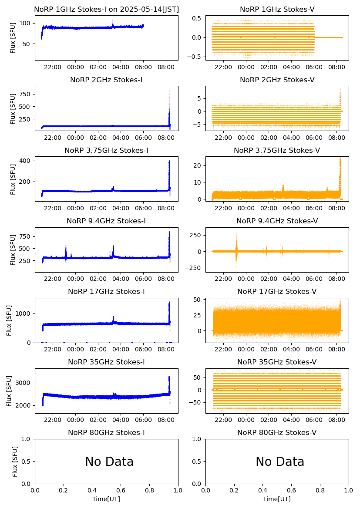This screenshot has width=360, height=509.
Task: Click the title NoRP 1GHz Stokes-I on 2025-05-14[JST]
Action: (x=106, y=9)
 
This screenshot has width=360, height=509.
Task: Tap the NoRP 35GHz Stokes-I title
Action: (x=106, y=362)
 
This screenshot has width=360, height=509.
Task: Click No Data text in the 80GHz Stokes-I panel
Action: (x=109, y=462)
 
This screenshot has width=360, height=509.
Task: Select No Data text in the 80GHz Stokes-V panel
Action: (x=280, y=462)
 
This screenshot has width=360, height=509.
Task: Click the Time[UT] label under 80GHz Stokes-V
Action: (x=277, y=499)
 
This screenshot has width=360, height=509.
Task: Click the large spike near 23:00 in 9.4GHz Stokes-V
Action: (x=236, y=244)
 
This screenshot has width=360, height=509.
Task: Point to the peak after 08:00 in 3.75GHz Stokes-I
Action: (x=169, y=162)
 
